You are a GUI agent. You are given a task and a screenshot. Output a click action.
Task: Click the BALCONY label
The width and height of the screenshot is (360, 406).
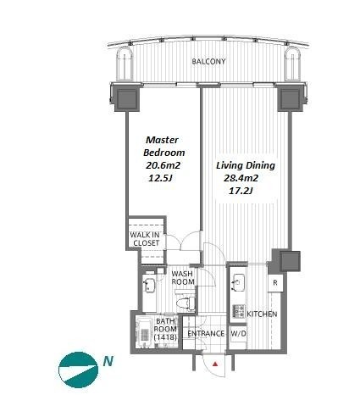[208, 61]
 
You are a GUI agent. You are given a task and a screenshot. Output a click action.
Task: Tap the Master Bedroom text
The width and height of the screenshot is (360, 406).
[164, 146]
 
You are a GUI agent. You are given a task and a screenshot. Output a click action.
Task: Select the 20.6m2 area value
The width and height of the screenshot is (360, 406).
[163, 165]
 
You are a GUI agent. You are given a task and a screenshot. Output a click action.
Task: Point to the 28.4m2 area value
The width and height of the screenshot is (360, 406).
[241, 178]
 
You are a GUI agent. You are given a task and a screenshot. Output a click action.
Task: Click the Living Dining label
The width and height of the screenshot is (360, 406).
[246, 165]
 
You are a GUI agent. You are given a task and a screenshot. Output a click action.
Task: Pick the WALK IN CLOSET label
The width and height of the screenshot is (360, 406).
[145, 239]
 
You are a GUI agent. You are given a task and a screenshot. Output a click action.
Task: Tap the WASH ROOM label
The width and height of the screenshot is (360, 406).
[183, 278]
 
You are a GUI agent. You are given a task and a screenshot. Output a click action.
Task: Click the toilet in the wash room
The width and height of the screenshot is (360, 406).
[186, 303]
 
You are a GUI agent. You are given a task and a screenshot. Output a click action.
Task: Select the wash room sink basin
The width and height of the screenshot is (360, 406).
[149, 285]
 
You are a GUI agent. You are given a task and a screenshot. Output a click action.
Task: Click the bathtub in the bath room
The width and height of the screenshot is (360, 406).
[145, 333]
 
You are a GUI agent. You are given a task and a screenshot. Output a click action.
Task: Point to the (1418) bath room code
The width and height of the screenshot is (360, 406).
[165, 336]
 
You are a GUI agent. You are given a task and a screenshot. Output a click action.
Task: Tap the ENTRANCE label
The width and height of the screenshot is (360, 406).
[206, 334]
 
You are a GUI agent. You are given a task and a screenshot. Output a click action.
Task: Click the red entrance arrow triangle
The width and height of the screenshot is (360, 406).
[215, 364]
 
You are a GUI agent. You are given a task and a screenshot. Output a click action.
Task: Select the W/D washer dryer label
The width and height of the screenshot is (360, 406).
[239, 334]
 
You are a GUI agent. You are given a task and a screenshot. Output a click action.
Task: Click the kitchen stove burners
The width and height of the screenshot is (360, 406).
[239, 310]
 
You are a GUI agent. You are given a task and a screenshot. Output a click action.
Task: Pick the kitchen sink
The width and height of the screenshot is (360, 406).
[238, 282]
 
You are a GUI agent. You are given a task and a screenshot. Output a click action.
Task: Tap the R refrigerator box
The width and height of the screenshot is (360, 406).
[275, 282]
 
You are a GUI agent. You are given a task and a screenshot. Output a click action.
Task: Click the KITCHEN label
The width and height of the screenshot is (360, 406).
[262, 314]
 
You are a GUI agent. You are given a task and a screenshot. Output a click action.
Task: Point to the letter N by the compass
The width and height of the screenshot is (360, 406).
[108, 361]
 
